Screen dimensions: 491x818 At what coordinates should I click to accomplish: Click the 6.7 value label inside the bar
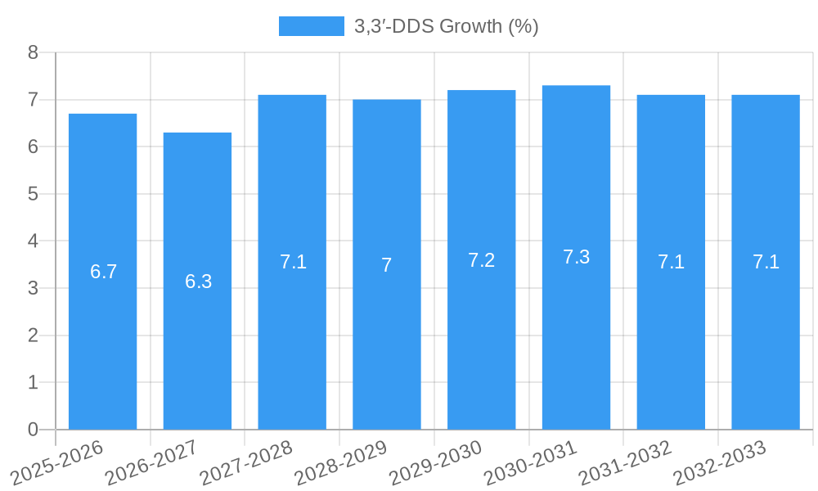103,272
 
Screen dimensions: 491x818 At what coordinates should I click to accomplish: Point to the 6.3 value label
198,282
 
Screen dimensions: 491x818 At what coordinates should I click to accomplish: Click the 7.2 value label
481,260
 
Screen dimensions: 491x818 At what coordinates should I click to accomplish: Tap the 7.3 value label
576,257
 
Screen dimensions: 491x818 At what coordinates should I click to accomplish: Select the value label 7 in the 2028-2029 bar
387,265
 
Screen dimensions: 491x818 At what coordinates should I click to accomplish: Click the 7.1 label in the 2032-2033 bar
766,262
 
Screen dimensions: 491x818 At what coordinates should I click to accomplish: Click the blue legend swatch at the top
311,26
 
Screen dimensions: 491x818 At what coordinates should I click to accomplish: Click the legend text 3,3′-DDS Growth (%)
446,26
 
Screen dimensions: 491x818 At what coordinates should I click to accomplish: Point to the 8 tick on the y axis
34,52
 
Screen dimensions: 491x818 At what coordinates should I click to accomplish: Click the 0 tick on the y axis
34,430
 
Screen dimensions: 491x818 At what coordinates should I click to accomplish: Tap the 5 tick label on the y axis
34,194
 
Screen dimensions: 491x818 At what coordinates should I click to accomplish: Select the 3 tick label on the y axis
34,288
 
